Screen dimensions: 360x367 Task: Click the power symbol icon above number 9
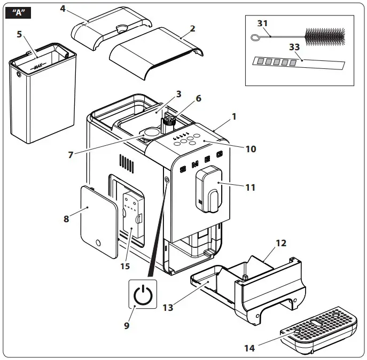click(x=142, y=295)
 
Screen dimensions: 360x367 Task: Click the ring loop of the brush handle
click(x=254, y=37)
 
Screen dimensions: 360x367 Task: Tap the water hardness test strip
click(x=296, y=64)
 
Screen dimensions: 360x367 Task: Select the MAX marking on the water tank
click(x=38, y=67)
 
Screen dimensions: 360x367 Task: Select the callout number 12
click(x=281, y=244)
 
